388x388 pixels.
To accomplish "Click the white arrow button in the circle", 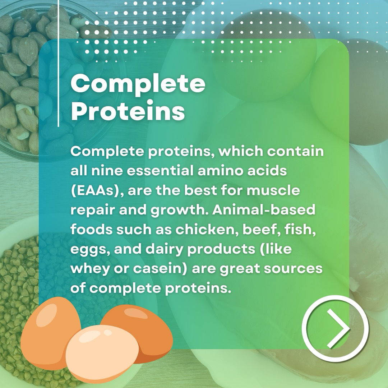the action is point(335,329).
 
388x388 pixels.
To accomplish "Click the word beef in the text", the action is point(262,229).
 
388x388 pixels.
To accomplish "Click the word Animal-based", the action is point(264,209).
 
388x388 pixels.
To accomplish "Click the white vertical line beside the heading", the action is point(59,63).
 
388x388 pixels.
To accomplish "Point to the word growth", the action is point(179,210).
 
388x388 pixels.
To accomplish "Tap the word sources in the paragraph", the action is point(293,269).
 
